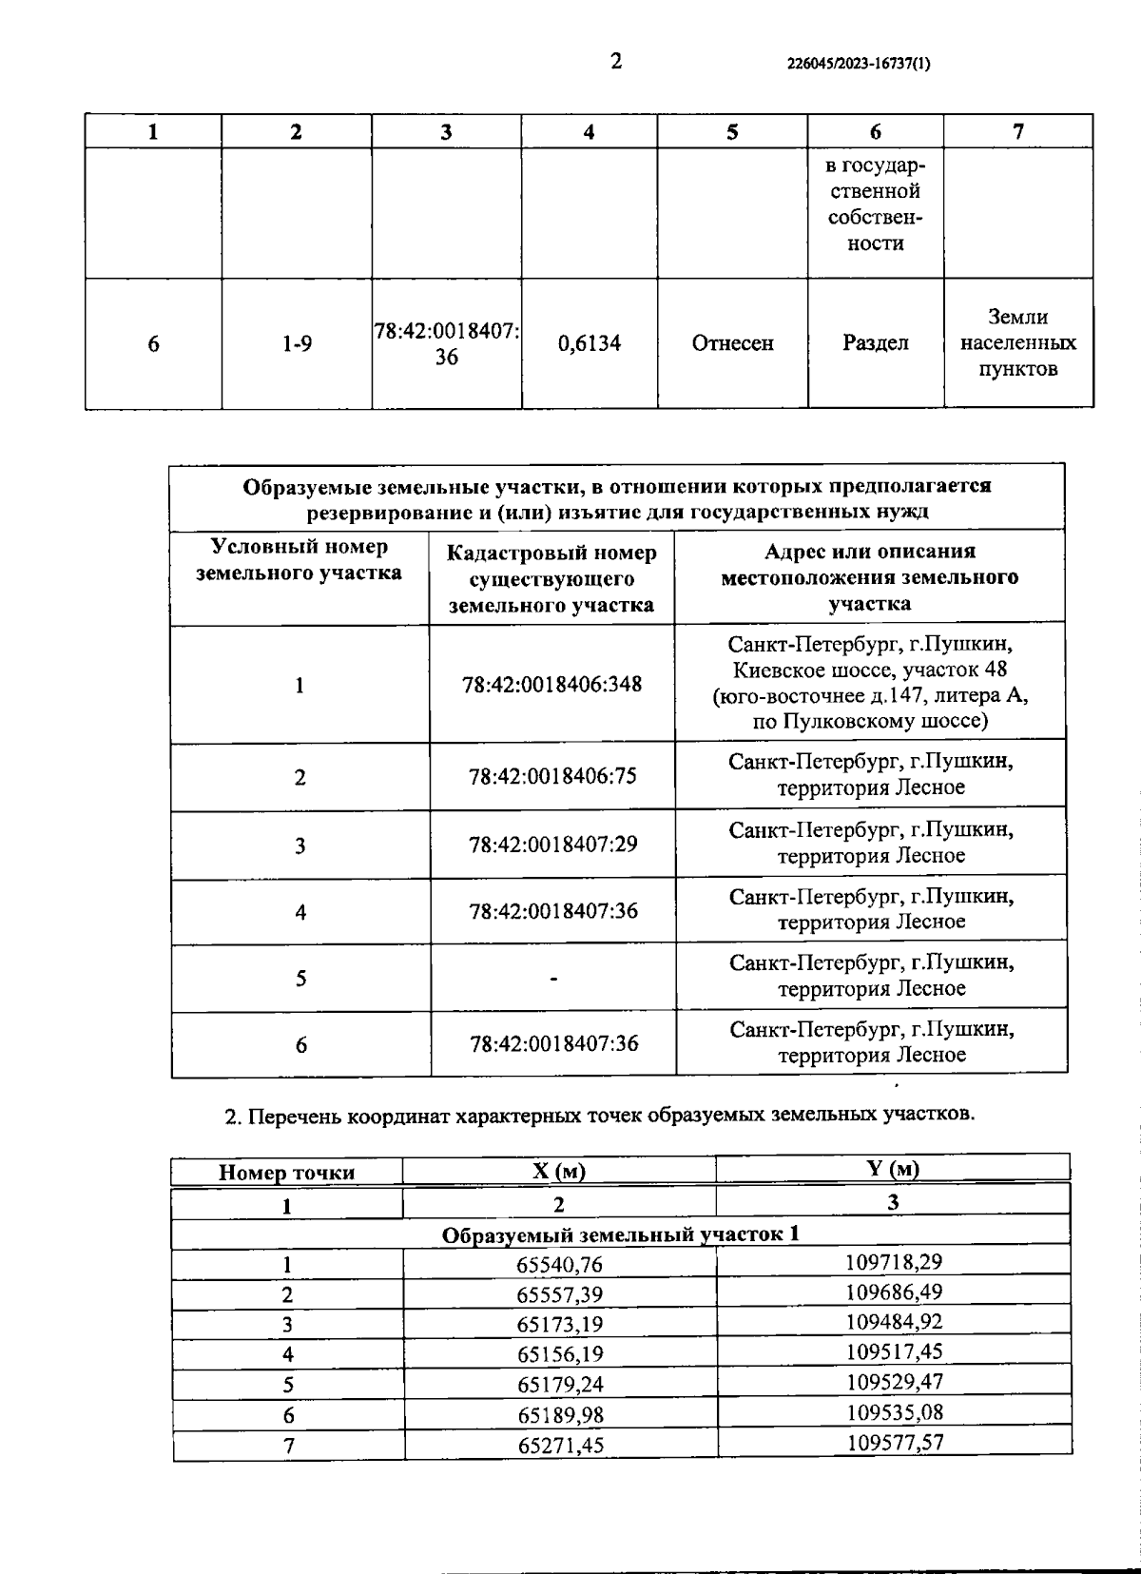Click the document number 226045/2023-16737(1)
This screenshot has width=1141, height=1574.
(860, 65)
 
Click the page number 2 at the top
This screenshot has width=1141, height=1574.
(616, 62)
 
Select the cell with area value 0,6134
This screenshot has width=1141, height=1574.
(590, 343)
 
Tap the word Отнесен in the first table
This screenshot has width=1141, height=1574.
(732, 343)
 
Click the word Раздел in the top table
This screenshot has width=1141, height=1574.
(875, 342)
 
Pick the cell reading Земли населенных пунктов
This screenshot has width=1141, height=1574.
(1017, 342)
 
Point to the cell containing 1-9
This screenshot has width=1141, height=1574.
(297, 344)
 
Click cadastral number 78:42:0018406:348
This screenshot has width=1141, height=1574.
(551, 684)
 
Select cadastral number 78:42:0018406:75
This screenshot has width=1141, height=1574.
(551, 776)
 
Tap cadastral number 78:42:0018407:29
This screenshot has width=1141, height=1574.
(551, 844)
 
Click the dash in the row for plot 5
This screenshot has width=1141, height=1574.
(552, 978)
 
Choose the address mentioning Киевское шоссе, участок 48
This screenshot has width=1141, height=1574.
(870, 682)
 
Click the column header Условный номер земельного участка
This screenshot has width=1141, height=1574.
(299, 560)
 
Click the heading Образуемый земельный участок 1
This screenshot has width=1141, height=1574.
(620, 1234)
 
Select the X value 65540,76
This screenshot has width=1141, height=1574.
(560, 1265)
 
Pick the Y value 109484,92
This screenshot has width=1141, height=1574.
(893, 1322)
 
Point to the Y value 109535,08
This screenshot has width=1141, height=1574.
(893, 1412)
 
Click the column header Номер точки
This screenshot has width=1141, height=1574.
(286, 1173)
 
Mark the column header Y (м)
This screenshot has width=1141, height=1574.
(893, 1168)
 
